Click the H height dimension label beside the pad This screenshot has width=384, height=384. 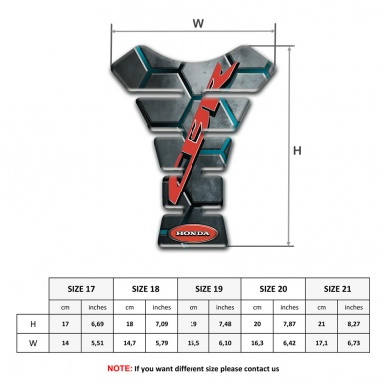click(x=297, y=151)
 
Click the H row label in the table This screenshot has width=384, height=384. click(x=33, y=324)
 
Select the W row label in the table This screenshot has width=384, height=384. click(x=33, y=344)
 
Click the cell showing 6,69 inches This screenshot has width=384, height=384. click(x=98, y=324)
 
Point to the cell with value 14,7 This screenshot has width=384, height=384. click(x=130, y=344)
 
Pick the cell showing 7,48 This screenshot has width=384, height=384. click(x=225, y=324)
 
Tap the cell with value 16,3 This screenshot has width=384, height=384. click(x=257, y=344)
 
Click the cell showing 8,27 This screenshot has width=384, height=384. click(x=354, y=324)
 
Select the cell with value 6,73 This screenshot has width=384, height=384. click(x=354, y=344)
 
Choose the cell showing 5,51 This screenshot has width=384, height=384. click(x=98, y=344)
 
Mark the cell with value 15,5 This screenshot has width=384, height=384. click(x=193, y=344)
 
